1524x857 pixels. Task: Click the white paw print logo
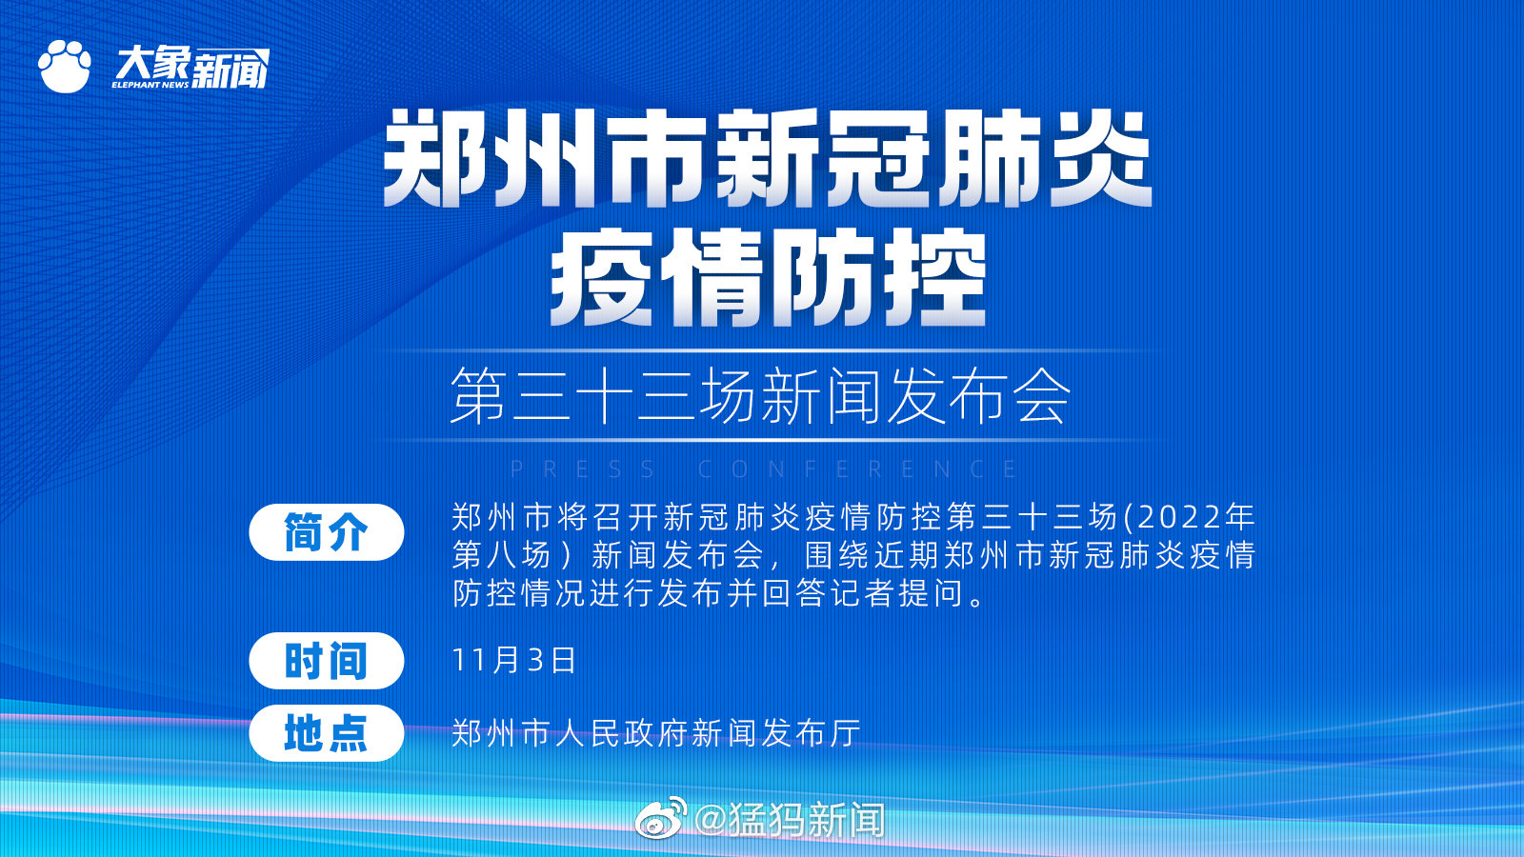(x=64, y=67)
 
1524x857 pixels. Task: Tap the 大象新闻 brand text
(x=191, y=67)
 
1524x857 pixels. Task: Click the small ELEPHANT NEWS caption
(x=150, y=85)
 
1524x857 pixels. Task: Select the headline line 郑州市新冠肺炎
(x=767, y=159)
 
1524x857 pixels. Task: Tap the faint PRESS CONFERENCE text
(x=763, y=468)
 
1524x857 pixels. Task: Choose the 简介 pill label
(x=326, y=532)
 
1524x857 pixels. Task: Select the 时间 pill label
(x=326, y=661)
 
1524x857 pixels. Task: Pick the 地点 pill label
(x=326, y=733)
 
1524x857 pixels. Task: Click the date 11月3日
(x=514, y=661)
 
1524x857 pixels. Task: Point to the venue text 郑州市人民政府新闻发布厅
(x=656, y=733)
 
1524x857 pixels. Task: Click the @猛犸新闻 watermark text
(x=790, y=819)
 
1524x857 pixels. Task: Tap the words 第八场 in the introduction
(x=501, y=556)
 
